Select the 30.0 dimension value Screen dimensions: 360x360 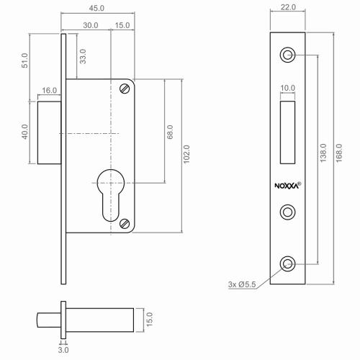tap(91, 25)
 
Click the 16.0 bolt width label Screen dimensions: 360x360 tap(50, 91)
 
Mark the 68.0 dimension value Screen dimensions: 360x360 tap(171, 132)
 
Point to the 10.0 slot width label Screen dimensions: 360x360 tap(288, 89)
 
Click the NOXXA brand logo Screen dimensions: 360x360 tap(288, 184)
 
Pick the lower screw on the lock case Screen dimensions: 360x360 tap(125, 225)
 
